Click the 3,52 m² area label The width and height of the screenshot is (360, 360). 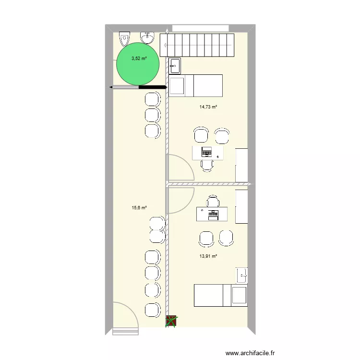139,59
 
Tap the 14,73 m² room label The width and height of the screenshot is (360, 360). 208,108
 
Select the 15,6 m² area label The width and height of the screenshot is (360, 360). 139,208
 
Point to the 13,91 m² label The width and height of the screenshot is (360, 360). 208,256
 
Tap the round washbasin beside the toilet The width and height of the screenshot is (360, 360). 147,37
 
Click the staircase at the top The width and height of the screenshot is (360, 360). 197,45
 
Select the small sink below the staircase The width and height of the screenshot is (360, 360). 174,65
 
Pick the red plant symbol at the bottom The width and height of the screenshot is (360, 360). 171,321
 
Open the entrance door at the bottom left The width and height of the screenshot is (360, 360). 126,319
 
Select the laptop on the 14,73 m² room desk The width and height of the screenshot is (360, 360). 207,153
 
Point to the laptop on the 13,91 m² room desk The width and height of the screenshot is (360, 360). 212,215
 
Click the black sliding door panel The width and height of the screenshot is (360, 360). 152,87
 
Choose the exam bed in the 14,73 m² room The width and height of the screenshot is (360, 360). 196,85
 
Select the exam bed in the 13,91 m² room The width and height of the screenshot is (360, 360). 220,295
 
